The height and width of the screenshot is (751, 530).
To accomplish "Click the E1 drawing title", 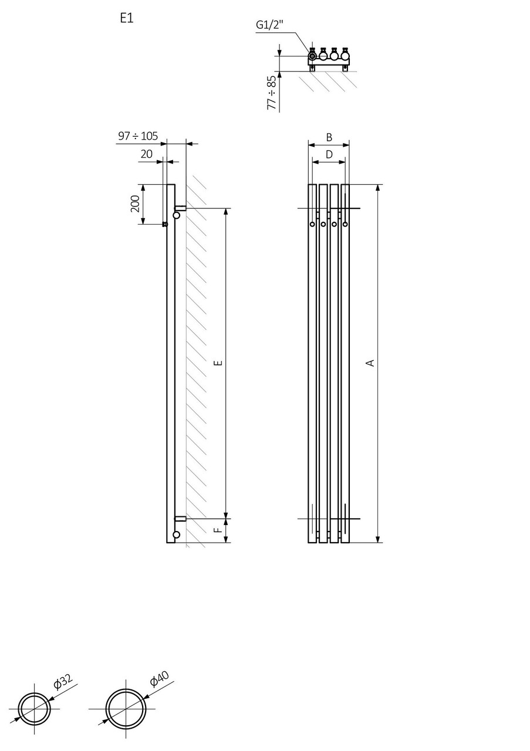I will click(x=127, y=19).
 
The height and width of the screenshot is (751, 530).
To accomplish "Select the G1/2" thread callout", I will click(x=269, y=25).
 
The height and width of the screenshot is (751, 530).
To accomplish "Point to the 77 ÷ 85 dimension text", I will click(x=271, y=93).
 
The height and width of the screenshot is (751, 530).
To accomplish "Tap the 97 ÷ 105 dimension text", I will click(x=138, y=136).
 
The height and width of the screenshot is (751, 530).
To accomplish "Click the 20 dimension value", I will click(x=146, y=154).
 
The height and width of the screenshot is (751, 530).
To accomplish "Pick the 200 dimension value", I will click(x=134, y=204).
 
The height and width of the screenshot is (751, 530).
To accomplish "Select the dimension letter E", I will click(x=218, y=363).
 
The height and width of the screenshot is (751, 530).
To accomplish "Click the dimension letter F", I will click(x=218, y=530).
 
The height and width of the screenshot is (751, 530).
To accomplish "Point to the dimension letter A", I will click(x=370, y=363).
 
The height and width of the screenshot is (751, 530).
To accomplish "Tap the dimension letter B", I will click(x=329, y=137).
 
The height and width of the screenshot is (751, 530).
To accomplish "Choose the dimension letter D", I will click(x=329, y=154).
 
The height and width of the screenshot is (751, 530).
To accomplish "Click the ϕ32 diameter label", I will click(x=62, y=681).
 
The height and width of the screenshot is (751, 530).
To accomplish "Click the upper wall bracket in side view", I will click(x=180, y=208).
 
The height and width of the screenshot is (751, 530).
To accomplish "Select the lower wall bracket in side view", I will click(x=180, y=519).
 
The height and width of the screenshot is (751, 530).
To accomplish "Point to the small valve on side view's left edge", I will click(x=165, y=224).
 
